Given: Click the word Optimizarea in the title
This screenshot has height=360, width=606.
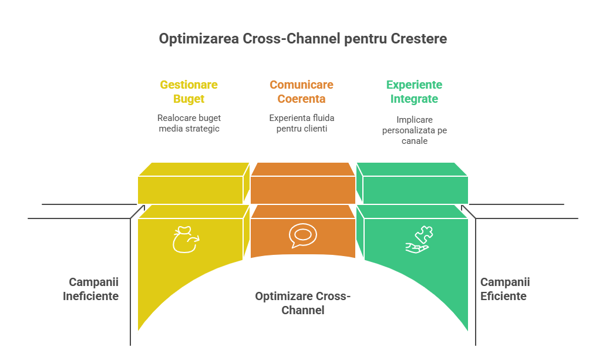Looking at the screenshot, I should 199,39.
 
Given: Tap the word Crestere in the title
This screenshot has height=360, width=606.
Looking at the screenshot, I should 419,39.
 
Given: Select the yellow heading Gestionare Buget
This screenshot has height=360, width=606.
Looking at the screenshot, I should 188,92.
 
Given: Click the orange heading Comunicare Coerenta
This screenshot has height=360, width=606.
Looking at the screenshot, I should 301,92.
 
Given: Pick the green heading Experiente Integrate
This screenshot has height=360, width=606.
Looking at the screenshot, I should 414,92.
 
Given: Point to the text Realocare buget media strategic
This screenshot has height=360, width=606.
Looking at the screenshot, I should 188,123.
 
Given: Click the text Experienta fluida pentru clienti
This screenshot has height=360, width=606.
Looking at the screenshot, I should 302,123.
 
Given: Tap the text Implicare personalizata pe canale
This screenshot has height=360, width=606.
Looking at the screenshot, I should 414,130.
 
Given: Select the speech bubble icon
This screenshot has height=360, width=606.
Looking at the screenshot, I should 302,235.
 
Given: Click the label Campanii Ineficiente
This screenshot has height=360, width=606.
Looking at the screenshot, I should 91,289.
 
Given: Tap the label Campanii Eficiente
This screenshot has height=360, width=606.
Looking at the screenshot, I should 504,289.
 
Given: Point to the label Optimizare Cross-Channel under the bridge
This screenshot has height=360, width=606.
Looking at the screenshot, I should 302,303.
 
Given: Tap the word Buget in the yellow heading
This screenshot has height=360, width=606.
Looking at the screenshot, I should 188,99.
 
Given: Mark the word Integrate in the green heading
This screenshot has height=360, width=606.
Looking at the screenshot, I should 414,99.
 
